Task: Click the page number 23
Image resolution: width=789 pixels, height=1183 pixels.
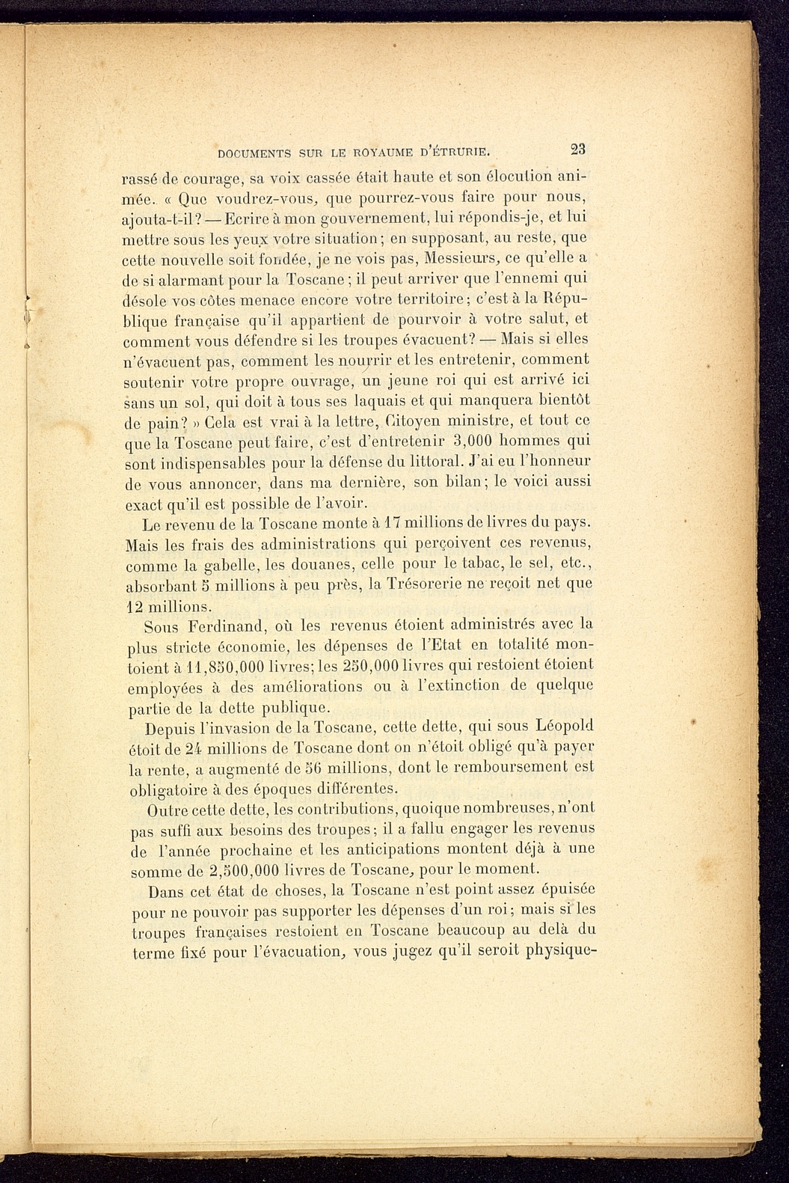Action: point(577,148)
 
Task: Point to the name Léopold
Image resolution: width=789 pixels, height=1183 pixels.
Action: point(565,726)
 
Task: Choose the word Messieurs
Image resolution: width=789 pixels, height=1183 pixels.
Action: point(459,260)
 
